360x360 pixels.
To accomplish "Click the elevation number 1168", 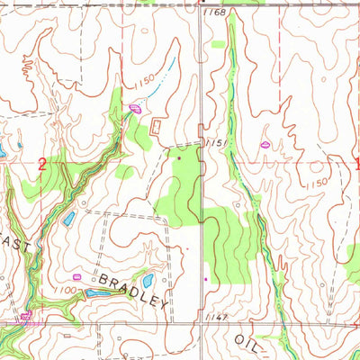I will tap(214, 12).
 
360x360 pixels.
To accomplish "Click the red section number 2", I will tap(42, 164).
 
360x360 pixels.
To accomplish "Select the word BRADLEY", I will tap(132, 289).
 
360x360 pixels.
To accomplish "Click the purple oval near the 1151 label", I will tap(266, 144).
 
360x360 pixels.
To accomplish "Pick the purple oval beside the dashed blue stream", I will tap(135, 109).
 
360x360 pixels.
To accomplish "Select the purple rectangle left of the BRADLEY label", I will tap(77, 277).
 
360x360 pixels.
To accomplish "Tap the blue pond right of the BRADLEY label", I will tap(147, 281).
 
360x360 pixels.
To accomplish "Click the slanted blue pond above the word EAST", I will tap(68, 219).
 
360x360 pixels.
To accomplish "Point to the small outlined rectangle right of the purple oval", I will tap(159, 127).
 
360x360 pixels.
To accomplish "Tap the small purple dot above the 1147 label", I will tap(206, 278).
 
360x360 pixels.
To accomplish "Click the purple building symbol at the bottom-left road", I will tap(26, 315).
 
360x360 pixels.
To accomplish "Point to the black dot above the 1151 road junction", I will tap(179, 159).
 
